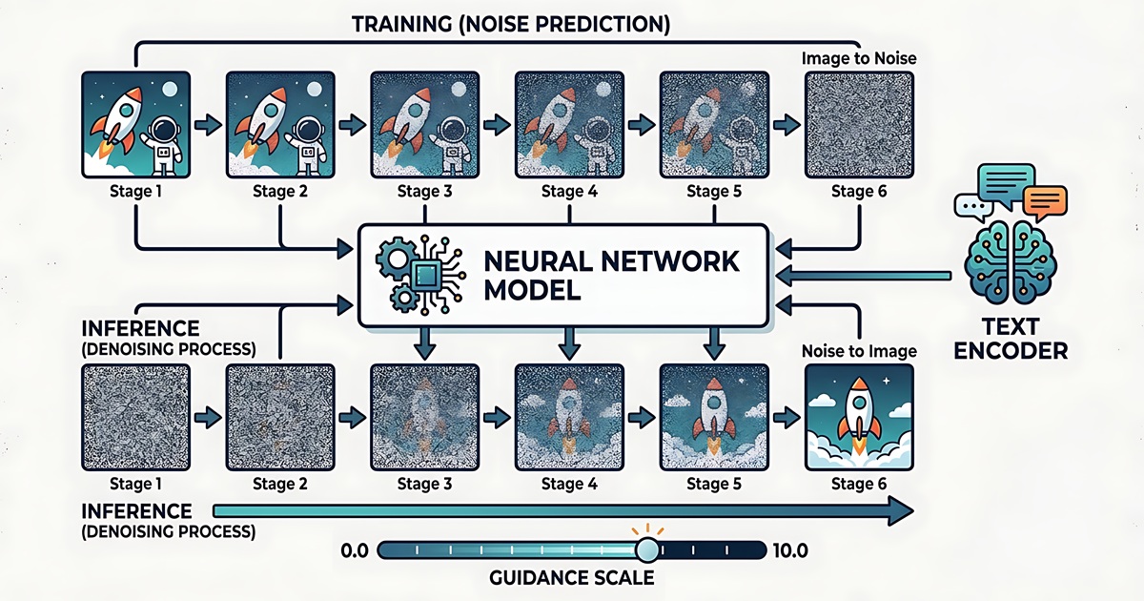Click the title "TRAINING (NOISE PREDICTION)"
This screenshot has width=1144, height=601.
click(x=511, y=25)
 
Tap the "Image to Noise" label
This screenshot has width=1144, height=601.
click(x=859, y=58)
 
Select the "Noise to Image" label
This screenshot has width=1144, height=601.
click(x=859, y=351)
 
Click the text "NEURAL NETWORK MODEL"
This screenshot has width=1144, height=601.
click(x=611, y=276)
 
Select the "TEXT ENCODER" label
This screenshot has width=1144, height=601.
click(x=1011, y=339)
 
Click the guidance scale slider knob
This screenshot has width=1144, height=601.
click(x=647, y=550)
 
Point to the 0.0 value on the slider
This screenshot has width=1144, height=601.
click(x=355, y=551)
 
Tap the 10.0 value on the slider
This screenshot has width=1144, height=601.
click(x=790, y=551)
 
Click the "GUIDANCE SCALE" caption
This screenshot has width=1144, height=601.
click(x=571, y=578)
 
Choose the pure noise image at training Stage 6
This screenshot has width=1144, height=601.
click(x=859, y=125)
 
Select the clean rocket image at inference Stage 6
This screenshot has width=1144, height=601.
click(x=859, y=417)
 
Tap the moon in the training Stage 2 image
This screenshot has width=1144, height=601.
click(x=314, y=90)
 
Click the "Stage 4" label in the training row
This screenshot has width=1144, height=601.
click(x=569, y=192)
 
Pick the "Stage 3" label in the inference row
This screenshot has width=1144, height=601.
click(x=424, y=484)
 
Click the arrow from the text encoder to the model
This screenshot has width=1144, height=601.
click(x=863, y=276)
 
